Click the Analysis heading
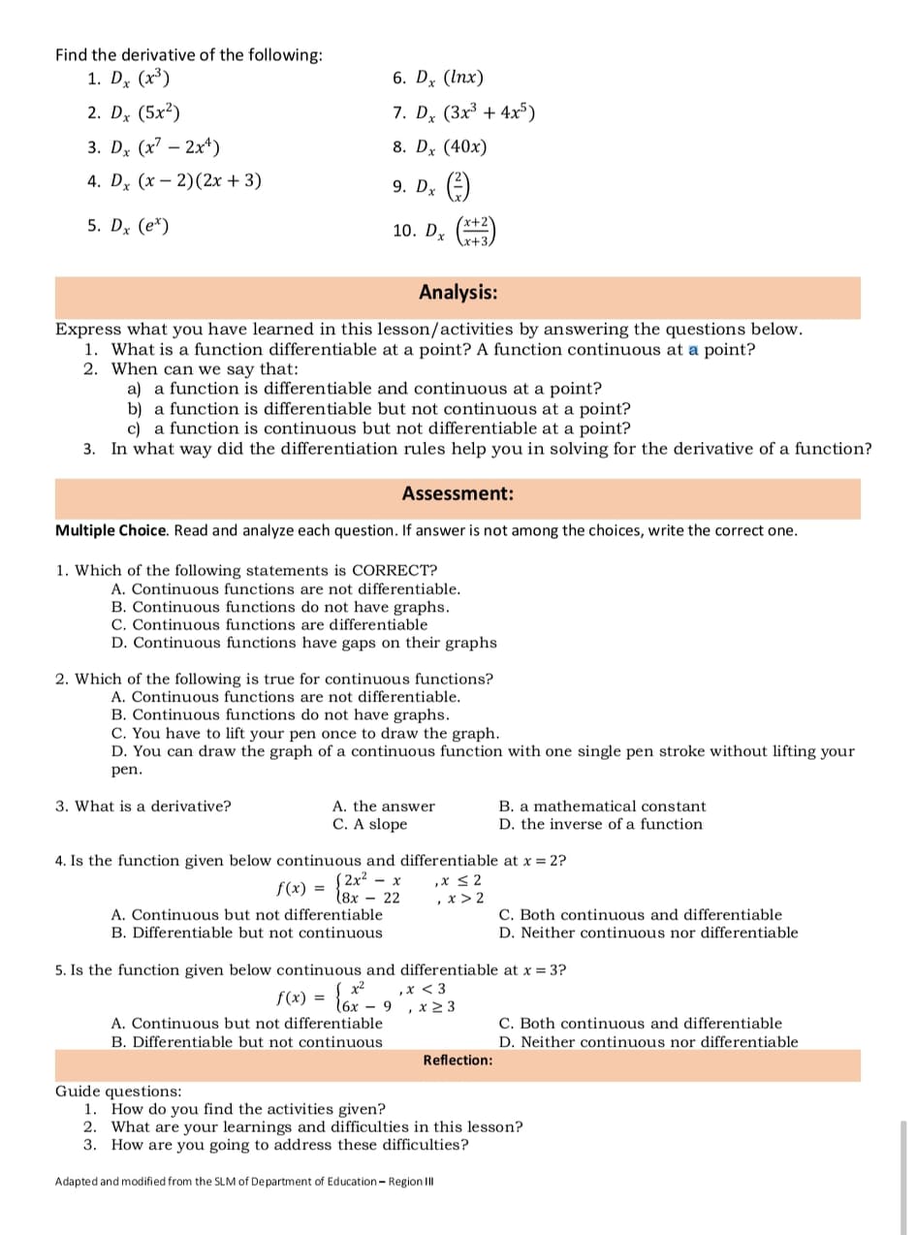point(458,292)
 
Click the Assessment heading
point(458,494)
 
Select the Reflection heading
point(458,1061)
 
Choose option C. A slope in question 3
point(369,824)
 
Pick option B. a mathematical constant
point(602,806)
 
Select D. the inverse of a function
point(601,824)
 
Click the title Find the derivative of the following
point(189,55)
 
